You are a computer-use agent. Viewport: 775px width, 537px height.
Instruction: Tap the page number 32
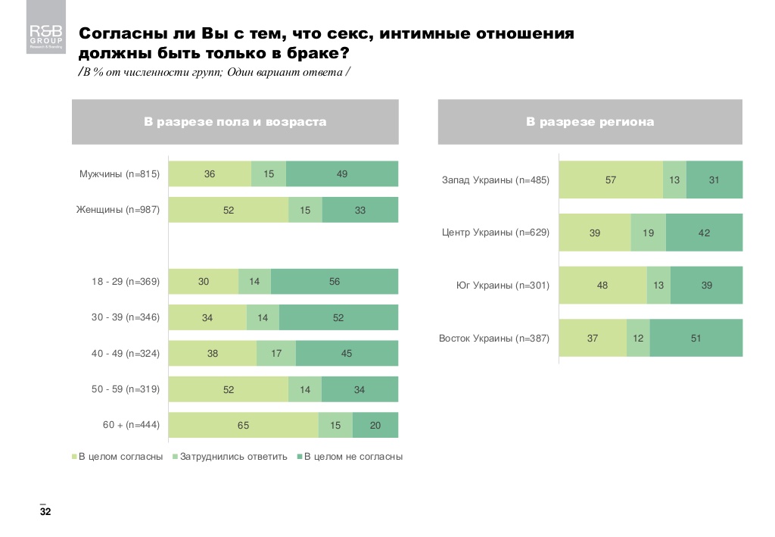[45, 513]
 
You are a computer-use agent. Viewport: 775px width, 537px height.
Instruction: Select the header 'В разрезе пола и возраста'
[235, 121]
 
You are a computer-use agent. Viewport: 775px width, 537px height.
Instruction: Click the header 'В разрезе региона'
[590, 121]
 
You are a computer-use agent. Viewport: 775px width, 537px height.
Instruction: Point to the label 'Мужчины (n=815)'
[120, 174]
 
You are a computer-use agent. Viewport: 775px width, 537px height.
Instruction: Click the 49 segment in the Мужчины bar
[342, 174]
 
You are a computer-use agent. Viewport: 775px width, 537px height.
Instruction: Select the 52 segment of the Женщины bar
[229, 210]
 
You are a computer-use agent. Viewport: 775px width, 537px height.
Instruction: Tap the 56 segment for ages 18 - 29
[335, 282]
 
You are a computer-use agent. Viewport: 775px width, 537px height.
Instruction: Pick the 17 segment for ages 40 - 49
[276, 354]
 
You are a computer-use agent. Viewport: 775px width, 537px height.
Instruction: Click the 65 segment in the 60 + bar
[243, 426]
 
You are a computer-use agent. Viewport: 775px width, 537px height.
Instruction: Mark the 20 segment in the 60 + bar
[375, 426]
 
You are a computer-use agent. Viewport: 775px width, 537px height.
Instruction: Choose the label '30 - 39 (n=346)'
[126, 317]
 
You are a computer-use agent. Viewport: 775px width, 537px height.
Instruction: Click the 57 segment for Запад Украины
[611, 180]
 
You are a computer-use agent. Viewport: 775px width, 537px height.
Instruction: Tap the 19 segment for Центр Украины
[649, 233]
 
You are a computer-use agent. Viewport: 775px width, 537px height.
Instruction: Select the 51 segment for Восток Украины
[696, 338]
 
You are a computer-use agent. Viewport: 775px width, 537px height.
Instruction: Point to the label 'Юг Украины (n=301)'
[503, 286]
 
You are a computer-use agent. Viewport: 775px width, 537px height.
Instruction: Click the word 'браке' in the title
[310, 55]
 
